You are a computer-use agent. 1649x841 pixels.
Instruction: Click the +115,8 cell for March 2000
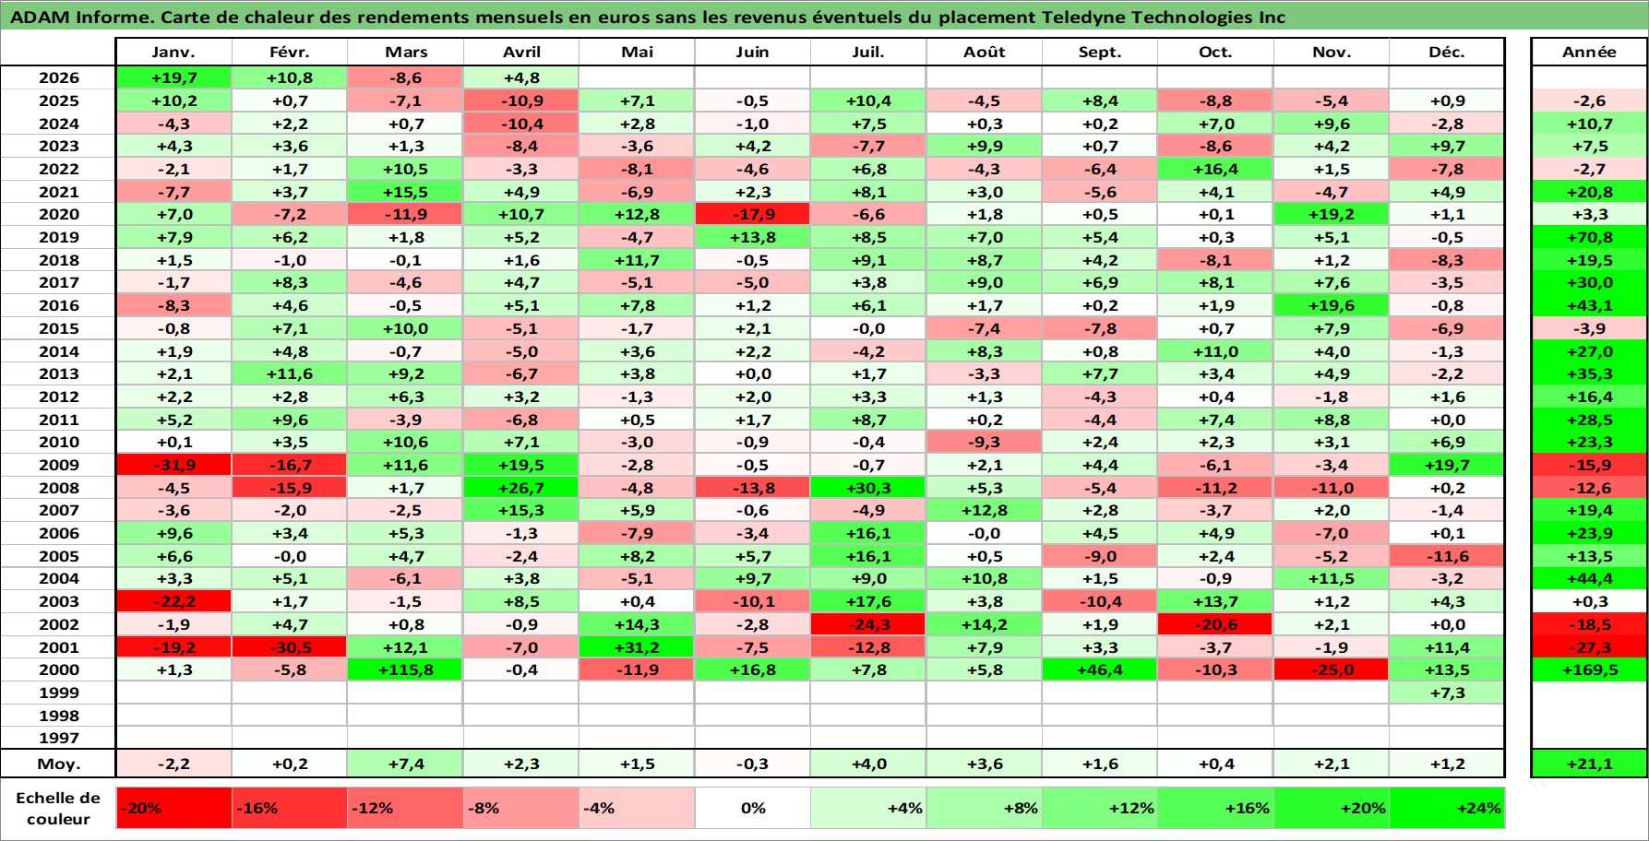point(406,670)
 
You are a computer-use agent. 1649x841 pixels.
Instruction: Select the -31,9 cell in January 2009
point(173,465)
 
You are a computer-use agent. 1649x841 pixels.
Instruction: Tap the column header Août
point(984,53)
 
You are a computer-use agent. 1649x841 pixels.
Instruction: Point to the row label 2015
point(58,328)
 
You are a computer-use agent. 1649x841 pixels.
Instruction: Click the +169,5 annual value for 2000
point(1589,670)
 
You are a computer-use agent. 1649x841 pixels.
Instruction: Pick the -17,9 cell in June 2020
point(752,214)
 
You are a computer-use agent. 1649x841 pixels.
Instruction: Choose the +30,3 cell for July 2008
point(868,488)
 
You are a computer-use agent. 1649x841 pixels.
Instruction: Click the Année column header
point(1589,53)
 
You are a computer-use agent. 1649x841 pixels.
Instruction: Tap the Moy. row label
point(58,764)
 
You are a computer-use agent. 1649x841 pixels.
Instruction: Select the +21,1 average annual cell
point(1589,764)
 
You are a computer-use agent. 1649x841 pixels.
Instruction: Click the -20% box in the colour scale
point(173,808)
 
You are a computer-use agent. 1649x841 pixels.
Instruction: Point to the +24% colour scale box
point(1446,808)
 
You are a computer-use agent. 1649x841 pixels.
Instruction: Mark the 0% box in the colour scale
point(752,808)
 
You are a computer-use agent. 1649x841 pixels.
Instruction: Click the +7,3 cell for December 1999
point(1446,693)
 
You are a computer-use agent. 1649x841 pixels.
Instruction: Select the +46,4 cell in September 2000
point(1100,670)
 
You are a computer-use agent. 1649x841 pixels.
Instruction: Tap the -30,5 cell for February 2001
point(290,647)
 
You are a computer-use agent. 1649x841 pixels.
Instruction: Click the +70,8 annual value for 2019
point(1589,237)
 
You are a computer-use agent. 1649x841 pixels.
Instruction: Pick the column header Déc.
point(1446,53)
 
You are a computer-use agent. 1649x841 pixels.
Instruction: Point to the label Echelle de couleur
point(58,809)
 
